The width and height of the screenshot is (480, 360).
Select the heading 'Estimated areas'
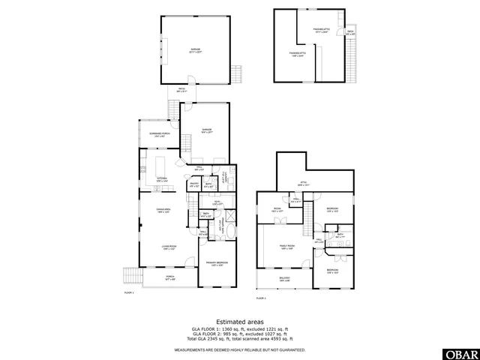tap(240, 321)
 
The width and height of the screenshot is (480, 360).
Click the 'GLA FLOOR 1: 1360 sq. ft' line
tap(240, 328)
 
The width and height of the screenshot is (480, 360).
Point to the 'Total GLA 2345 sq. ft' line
tap(240, 338)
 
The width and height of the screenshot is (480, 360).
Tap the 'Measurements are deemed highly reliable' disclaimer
tap(240, 349)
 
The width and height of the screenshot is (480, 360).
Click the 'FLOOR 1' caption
tap(128, 292)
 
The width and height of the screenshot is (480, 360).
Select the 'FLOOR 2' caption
tap(261, 298)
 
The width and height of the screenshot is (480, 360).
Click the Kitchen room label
tap(162, 180)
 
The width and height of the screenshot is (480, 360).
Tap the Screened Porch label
tap(158, 136)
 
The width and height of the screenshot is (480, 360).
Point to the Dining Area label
tap(163, 210)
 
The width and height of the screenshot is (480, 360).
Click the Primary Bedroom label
tap(217, 262)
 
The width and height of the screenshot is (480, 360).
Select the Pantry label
tap(193, 184)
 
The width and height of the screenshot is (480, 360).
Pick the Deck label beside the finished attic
tap(350, 32)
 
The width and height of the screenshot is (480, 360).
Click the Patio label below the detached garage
tap(181, 90)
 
